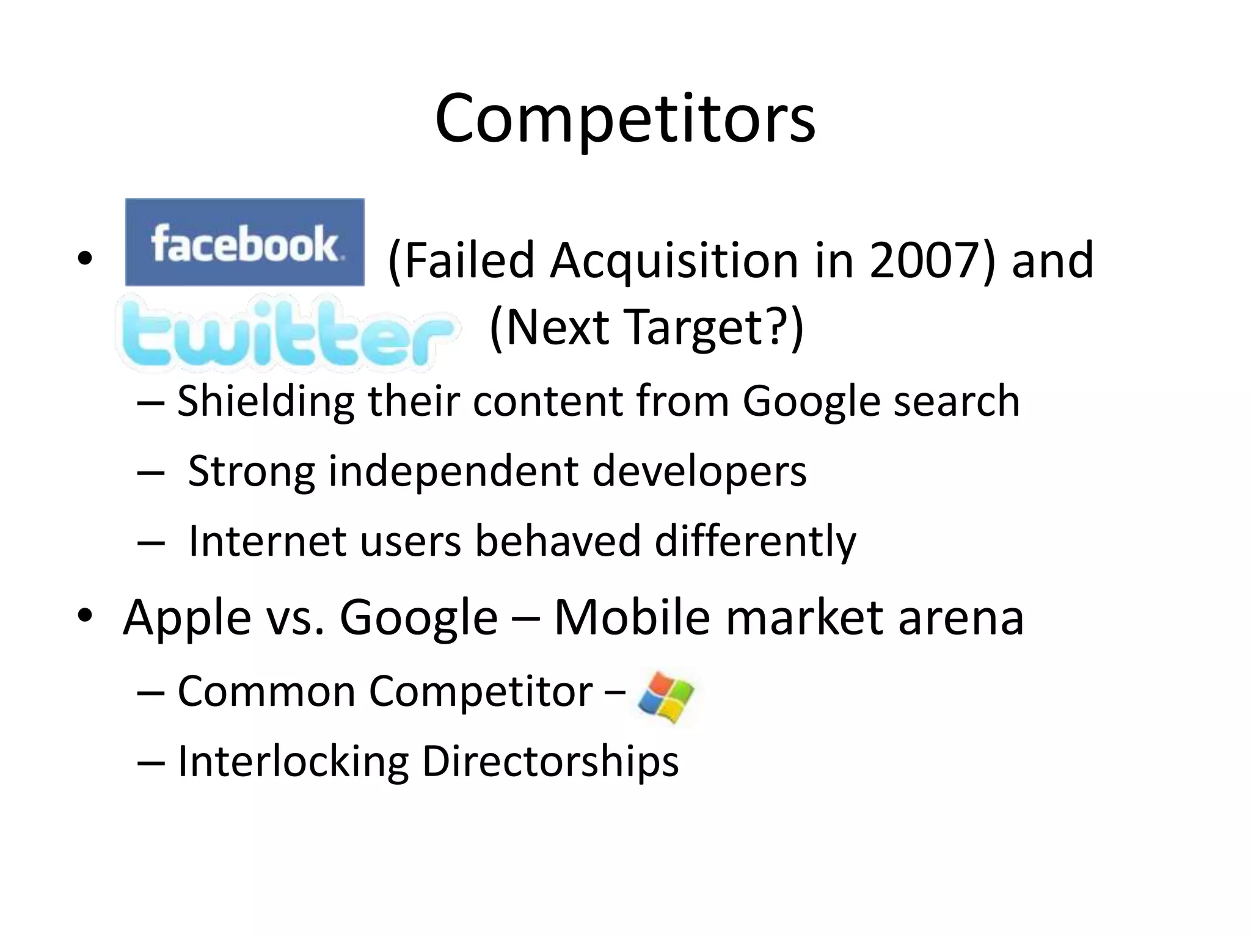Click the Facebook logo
point(244,242)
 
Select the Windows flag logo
point(666,697)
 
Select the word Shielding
point(266,402)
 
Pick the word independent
point(454,471)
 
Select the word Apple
point(187,618)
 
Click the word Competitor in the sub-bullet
point(481,692)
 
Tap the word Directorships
point(550,762)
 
